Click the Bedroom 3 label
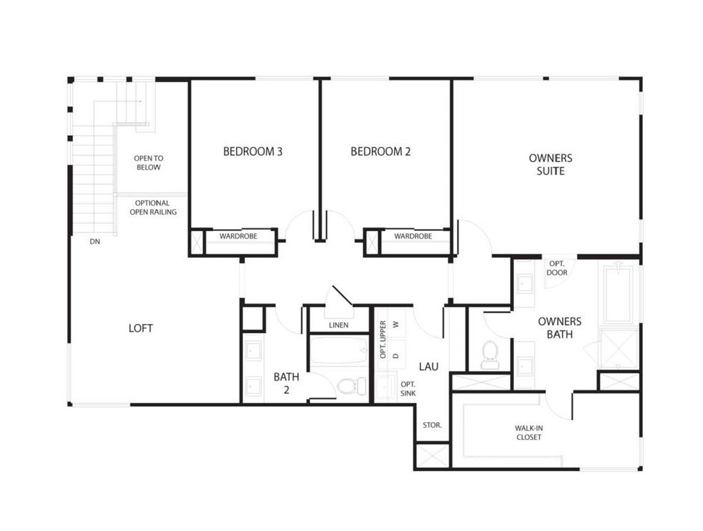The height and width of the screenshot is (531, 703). (x=253, y=152)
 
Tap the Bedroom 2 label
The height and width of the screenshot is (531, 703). (x=380, y=152)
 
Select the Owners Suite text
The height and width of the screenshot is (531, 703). (x=550, y=164)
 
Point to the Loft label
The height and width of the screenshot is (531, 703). (x=141, y=328)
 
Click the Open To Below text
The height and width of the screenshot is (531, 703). (x=148, y=163)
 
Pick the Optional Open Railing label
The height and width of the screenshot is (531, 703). (x=152, y=208)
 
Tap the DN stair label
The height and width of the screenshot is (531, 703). (x=95, y=242)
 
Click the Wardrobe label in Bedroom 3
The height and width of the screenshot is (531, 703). (x=238, y=237)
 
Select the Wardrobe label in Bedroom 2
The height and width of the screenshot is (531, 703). (x=413, y=237)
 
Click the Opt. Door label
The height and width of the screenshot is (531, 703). (x=557, y=268)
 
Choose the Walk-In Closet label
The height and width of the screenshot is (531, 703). (x=528, y=432)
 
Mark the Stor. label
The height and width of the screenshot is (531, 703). (x=432, y=425)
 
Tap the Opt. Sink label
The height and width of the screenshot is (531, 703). (x=408, y=388)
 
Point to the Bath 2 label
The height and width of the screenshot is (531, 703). (x=286, y=382)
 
